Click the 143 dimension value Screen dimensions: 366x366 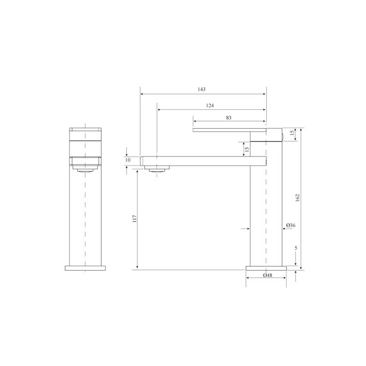point(202,89)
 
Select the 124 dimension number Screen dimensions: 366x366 point(210,106)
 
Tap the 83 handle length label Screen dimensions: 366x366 point(229,118)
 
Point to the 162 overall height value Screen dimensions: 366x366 point(297,198)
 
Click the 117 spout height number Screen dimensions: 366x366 point(135,219)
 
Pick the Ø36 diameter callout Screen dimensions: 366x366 point(291,225)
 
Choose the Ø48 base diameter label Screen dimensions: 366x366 point(267,275)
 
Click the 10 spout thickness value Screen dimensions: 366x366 point(128,160)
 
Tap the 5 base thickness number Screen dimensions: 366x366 point(296,248)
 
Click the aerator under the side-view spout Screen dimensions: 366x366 point(157,169)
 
